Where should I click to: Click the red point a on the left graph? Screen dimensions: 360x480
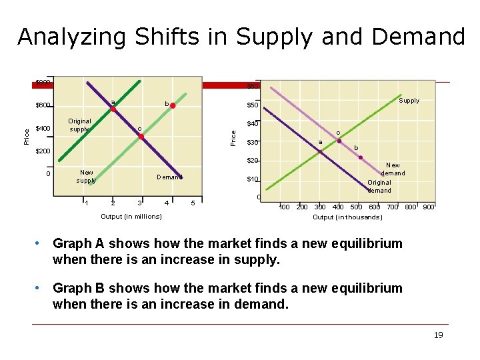click(x=113, y=109)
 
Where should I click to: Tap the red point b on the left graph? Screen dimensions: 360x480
click(x=173, y=105)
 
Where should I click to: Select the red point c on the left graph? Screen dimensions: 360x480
click(x=141, y=137)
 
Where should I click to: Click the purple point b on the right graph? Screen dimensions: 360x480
click(x=361, y=157)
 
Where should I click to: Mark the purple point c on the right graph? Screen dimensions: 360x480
click(x=339, y=141)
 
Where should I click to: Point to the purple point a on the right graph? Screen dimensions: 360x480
click(x=319, y=151)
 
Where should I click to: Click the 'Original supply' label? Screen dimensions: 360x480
click(x=79, y=125)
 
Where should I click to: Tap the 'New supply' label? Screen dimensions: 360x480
click(x=86, y=176)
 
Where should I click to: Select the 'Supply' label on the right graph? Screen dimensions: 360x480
click(x=409, y=101)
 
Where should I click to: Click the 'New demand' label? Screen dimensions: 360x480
click(x=393, y=169)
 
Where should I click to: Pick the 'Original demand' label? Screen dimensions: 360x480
click(x=379, y=186)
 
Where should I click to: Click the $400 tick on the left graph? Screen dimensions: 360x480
click(x=42, y=128)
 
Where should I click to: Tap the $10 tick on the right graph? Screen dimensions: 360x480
click(x=252, y=179)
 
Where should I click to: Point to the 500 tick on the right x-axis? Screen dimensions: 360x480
click(x=356, y=207)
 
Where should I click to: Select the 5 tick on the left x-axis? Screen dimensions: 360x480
click(x=193, y=203)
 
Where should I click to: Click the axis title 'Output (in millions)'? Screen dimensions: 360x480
click(x=131, y=216)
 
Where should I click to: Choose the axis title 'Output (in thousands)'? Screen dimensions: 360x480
click(x=347, y=217)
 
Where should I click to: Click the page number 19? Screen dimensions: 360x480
click(x=438, y=335)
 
